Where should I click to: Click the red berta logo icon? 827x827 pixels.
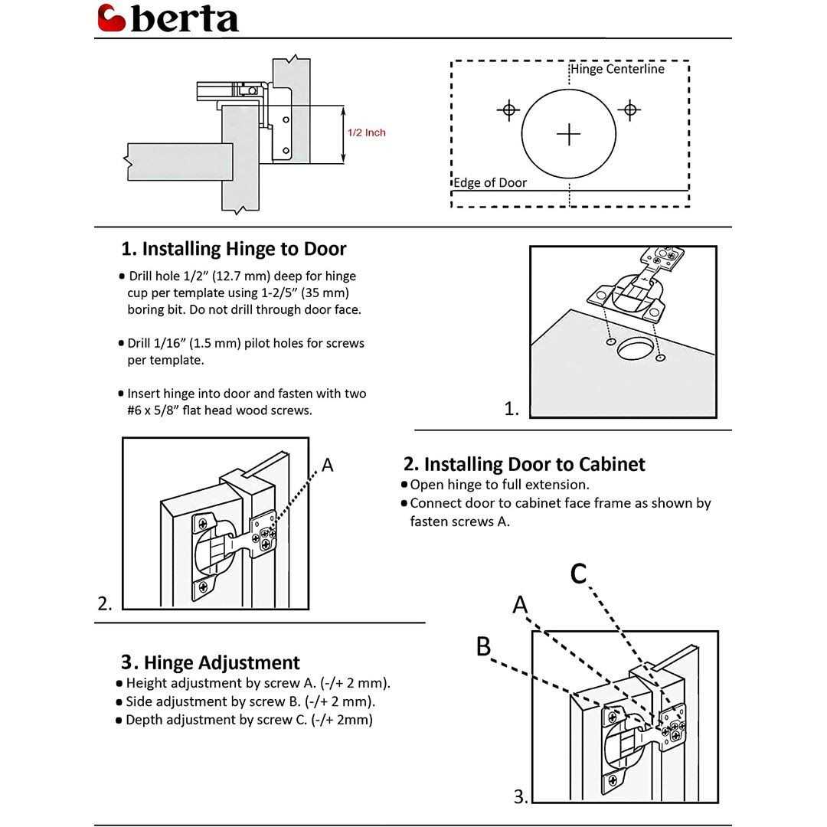coord(112,18)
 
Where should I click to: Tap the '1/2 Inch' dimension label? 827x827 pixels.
coord(367,132)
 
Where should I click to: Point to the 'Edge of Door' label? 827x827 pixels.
coord(490,182)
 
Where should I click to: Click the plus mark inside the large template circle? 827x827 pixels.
coord(568,134)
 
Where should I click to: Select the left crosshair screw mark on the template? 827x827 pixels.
coord(508,110)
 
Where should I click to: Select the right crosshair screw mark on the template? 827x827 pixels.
coord(629,110)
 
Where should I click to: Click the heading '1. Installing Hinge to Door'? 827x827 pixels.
coord(234,249)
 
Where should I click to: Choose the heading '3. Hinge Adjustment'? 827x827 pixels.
coord(210,662)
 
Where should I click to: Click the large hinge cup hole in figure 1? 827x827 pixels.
coord(635,349)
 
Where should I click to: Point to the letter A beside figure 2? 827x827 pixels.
coord(328,465)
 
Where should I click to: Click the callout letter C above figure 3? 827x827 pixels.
coord(579,573)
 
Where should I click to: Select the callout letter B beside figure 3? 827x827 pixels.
coord(483,647)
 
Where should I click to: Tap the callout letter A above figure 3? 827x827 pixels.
coord(521,605)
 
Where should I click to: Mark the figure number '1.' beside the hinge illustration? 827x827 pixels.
coord(512,410)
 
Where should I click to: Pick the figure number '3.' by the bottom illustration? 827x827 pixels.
coord(521,797)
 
